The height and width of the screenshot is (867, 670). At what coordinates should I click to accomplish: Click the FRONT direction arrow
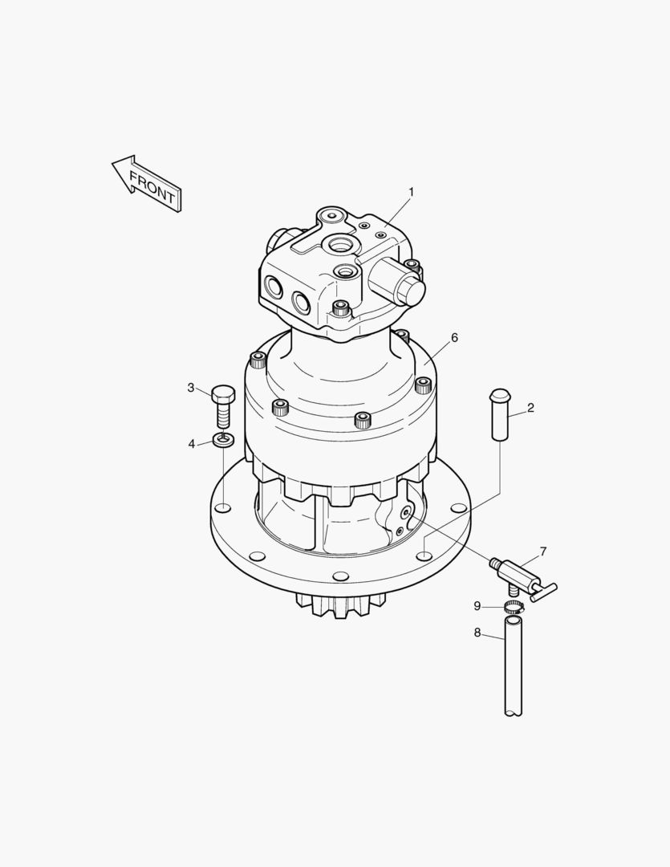[147, 182]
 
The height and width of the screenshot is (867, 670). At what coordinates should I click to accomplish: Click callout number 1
[412, 192]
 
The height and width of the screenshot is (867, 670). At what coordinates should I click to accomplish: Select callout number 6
[454, 338]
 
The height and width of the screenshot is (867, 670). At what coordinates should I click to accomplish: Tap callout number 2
[530, 408]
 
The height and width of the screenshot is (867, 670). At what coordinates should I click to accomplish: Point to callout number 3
[191, 388]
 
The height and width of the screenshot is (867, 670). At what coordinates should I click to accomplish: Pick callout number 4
[191, 444]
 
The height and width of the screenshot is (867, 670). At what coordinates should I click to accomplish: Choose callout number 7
[543, 552]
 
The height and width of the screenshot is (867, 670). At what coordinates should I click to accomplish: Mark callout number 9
[477, 606]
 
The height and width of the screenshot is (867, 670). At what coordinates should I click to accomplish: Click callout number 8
[477, 633]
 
